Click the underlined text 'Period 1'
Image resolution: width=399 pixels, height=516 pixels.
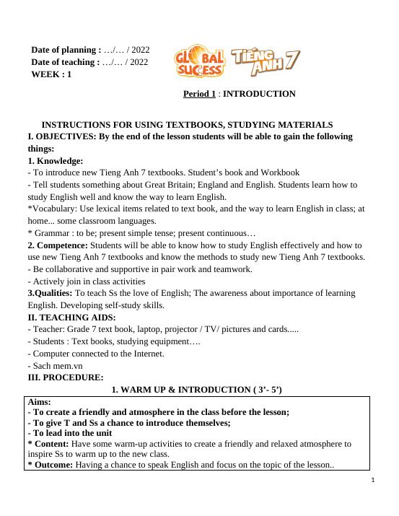coord(199,94)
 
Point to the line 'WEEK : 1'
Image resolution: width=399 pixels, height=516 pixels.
coord(51,74)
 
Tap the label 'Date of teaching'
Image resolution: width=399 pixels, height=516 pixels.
coord(65,62)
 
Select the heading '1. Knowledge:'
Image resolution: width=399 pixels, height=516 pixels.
coord(55,161)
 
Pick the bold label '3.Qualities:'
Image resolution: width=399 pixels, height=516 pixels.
coord(50,293)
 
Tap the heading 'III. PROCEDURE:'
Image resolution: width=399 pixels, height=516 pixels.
coord(65,377)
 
